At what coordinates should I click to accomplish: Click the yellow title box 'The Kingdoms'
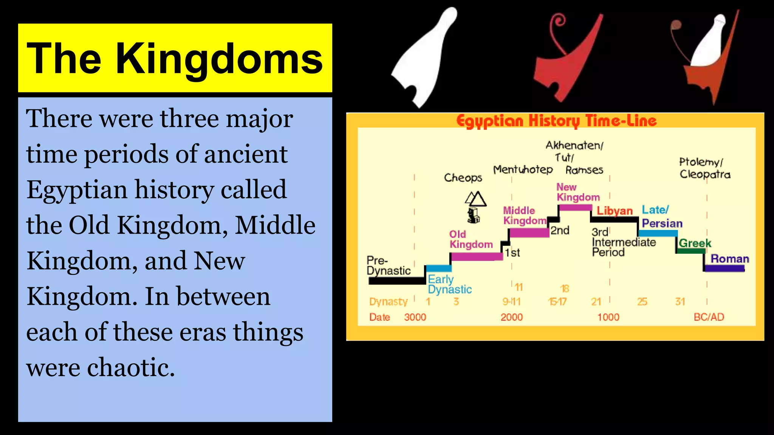(175, 58)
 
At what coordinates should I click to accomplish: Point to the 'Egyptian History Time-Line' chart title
(556, 121)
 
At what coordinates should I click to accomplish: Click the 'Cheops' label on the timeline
(463, 177)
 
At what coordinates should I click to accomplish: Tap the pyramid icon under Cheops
(475, 199)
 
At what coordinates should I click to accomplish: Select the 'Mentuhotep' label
(523, 170)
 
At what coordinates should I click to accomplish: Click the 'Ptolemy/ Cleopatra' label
(704, 168)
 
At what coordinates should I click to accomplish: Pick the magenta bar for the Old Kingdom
(477, 256)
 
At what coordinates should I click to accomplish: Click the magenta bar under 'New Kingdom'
(575, 207)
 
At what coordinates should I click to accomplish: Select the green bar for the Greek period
(690, 251)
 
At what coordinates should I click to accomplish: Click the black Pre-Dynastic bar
(397, 281)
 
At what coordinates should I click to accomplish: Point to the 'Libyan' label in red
(615, 211)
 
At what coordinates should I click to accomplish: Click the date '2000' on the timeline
(512, 317)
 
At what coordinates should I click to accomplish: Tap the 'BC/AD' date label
(709, 317)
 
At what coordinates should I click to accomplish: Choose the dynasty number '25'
(642, 302)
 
